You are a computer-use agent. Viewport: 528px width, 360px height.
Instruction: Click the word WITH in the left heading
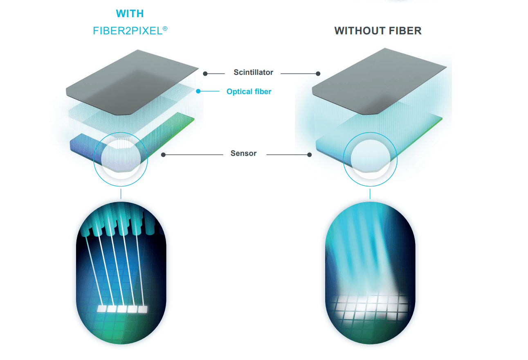[x=130, y=13]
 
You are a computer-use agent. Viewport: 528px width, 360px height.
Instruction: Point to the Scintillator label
[x=253, y=72]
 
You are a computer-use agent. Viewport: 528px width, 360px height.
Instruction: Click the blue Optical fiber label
[x=249, y=92]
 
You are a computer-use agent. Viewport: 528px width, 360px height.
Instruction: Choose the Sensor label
[x=243, y=153]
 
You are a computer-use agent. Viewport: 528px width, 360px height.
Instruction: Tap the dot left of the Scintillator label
[x=205, y=74]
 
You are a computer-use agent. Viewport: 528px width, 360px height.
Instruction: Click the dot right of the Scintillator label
[x=318, y=74]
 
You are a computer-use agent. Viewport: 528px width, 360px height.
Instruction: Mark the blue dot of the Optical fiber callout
[x=198, y=91]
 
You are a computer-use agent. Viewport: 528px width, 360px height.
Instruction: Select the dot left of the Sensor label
[x=163, y=155]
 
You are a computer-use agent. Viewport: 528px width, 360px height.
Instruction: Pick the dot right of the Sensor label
[x=310, y=155]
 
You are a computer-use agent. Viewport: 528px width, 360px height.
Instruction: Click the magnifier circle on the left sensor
[x=121, y=159]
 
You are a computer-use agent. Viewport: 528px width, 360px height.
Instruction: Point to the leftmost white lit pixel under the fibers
[x=102, y=309]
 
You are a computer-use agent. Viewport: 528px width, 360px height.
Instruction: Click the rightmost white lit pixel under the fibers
[x=142, y=309]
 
